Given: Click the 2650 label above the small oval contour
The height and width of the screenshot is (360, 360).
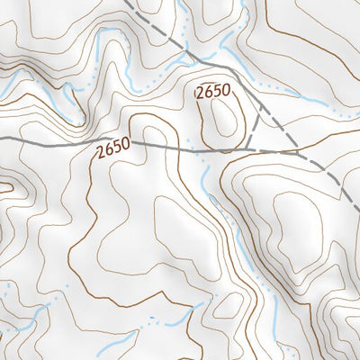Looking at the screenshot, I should pyautogui.click(x=213, y=91).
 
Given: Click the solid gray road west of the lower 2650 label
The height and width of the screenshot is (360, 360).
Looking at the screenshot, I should pyautogui.click(x=45, y=139).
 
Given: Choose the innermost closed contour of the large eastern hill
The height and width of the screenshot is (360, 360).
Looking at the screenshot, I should pyautogui.click(x=292, y=225).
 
